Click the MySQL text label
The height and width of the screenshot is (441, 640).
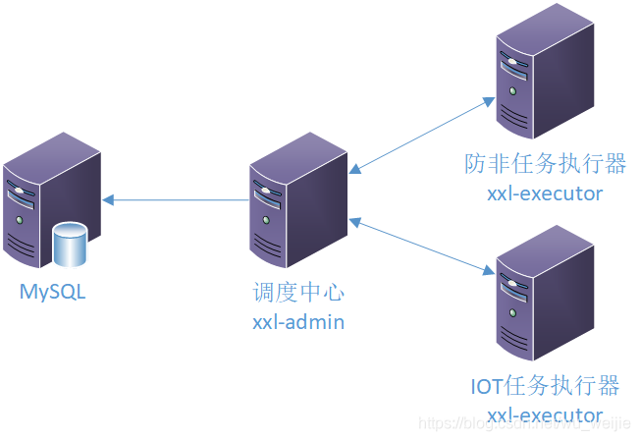[53, 292]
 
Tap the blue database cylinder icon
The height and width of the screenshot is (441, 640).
[70, 246]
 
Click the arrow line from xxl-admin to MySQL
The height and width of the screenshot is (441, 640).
[177, 200]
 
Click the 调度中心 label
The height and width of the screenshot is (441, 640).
[298, 293]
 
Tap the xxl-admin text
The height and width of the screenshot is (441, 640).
[298, 321]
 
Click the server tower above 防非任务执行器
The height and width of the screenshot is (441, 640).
[544, 74]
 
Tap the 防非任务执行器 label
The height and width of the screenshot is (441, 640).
[545, 163]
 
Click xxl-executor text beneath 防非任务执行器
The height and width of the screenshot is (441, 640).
[545, 193]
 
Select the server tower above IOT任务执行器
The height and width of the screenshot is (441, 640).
[544, 295]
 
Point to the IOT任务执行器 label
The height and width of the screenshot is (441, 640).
[545, 384]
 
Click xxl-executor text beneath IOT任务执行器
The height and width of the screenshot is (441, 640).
[545, 413]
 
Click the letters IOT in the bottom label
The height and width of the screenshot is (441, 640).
[488, 384]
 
